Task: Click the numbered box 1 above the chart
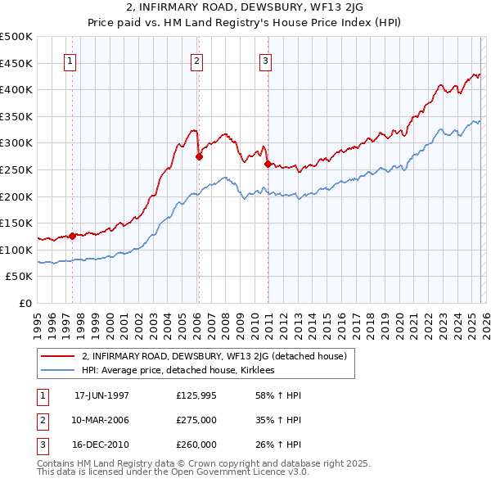coord(70,60)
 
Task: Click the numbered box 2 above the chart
coord(197,60)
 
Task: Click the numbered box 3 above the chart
coord(266,60)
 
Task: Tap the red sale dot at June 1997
coord(72,236)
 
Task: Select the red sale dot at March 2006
coord(198,156)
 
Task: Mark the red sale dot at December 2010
coord(267,165)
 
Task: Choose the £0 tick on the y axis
coord(24,303)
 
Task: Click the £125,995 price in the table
coord(196,395)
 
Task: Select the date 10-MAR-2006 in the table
coord(101,420)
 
